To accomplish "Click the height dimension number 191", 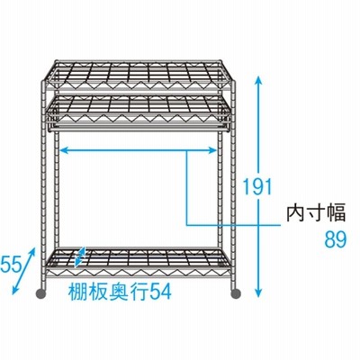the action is point(257,186).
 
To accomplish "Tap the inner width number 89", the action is point(336,239).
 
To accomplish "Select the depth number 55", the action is point(11,264).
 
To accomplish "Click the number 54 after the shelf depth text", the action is point(160,292).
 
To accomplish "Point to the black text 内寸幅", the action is point(316,212).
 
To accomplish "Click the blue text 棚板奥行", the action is point(109,292).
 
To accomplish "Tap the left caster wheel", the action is point(40,293).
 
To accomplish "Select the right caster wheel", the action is point(236,293).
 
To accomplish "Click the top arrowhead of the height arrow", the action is point(259,80).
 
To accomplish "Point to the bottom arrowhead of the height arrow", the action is point(259,293).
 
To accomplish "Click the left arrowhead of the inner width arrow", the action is point(65,150).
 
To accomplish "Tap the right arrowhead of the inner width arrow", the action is point(212,150).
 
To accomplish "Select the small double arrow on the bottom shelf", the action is point(80,256).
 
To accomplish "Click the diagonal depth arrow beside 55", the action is point(23,271).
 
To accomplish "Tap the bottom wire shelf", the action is point(139,261).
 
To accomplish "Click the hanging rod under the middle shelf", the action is point(139,129).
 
